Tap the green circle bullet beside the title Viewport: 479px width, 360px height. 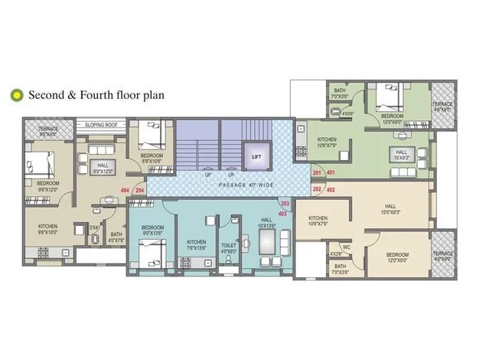click(15, 96)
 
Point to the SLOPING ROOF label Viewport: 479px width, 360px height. click(100, 122)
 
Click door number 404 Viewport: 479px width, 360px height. click(124, 190)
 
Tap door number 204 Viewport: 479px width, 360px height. click(139, 190)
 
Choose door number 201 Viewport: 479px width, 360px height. click(317, 173)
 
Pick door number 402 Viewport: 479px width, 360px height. click(331, 188)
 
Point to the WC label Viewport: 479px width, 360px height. click(346, 247)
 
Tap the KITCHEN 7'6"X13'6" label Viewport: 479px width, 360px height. click(197, 244)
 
